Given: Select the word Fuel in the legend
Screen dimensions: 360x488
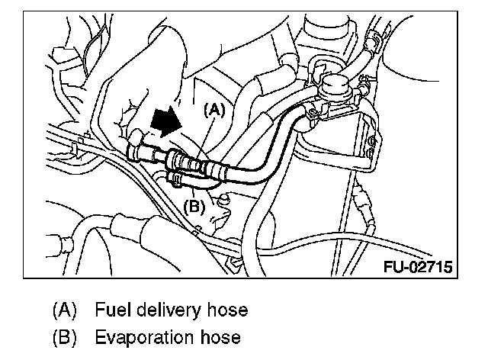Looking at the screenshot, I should (112, 311).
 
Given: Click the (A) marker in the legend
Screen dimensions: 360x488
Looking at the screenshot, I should (65, 311).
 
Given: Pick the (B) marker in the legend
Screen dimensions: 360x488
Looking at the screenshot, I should (65, 337).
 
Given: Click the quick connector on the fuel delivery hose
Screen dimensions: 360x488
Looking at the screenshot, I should (188, 162).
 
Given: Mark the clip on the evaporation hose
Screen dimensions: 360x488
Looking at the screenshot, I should (176, 179).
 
